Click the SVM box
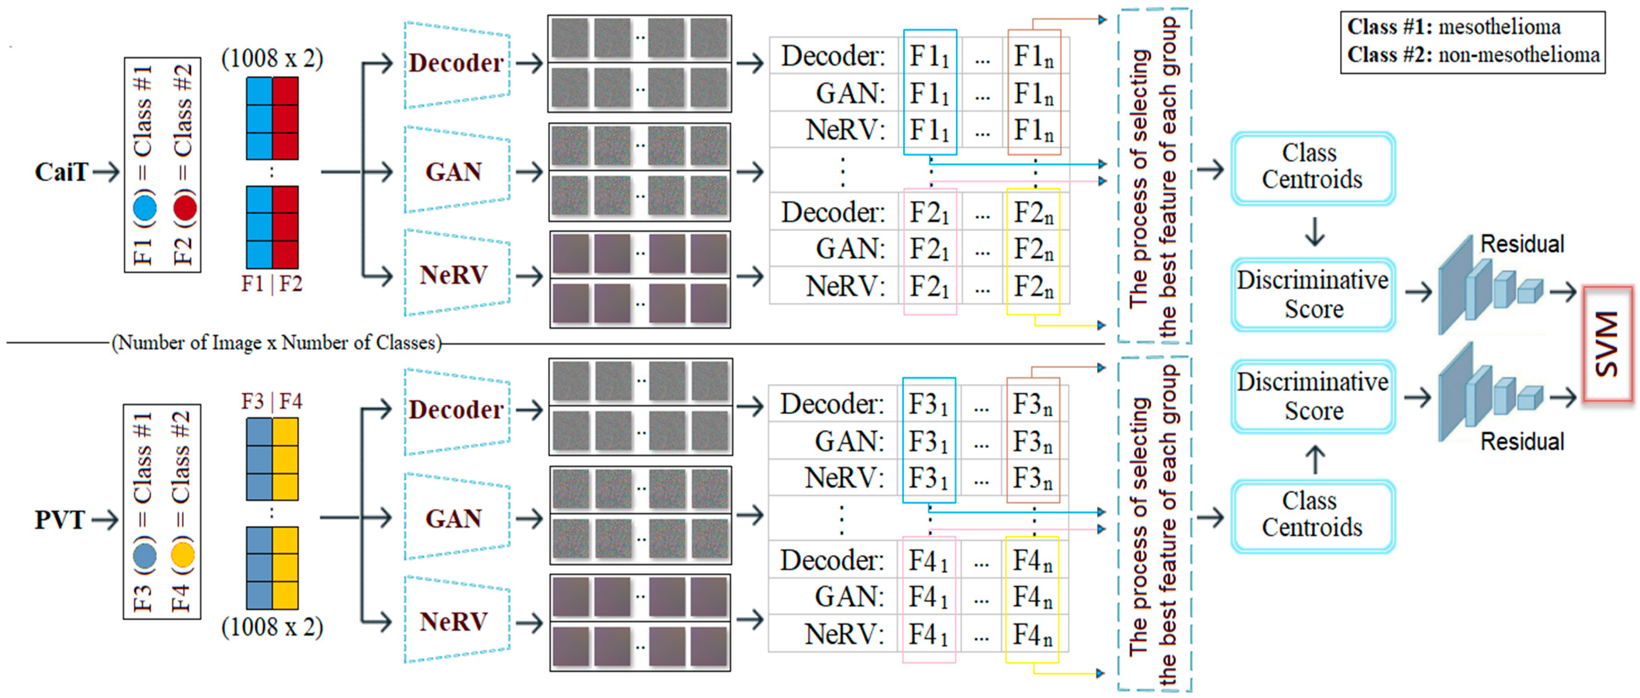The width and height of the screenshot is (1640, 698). coord(1607,344)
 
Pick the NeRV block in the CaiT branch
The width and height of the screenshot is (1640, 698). coord(454,275)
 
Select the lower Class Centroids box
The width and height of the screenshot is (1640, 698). coord(1313,515)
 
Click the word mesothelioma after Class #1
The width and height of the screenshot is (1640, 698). coord(1499,27)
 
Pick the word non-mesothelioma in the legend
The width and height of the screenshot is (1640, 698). coord(1519,55)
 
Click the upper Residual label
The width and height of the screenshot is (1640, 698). coord(1522,244)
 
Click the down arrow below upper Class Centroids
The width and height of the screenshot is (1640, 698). coord(1315,232)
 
